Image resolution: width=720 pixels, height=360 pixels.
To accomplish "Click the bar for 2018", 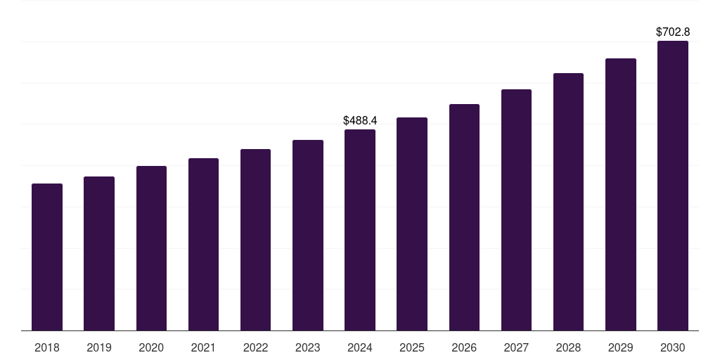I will tap(47, 257).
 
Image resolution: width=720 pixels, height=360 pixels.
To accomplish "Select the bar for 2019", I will tap(99, 254).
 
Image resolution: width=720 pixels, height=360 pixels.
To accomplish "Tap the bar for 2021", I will tap(203, 245).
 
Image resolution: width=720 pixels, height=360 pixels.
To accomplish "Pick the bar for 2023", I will tap(308, 236).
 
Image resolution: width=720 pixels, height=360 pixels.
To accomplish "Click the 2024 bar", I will tap(360, 230).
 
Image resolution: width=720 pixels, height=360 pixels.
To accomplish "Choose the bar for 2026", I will tap(464, 217).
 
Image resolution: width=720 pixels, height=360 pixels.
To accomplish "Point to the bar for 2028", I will tap(568, 202).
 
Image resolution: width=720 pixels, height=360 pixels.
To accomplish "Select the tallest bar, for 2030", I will tap(673, 186).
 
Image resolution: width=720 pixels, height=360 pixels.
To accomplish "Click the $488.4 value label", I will tap(360, 121).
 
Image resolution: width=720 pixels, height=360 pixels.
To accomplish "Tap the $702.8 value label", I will tap(673, 32).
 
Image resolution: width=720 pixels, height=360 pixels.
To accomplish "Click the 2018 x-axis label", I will tap(47, 348).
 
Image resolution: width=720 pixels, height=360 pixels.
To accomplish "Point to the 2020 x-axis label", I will tap(151, 348).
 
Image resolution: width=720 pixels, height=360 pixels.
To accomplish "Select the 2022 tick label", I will tap(255, 348).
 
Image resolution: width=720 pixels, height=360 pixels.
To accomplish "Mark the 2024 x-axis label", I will tap(360, 348).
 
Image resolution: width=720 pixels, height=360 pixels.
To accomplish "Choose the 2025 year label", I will tap(412, 348).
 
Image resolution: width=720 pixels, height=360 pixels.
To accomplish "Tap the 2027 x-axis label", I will tap(516, 348).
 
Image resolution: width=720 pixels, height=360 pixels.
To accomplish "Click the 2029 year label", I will tap(621, 348).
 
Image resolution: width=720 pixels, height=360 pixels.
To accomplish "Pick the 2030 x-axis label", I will tap(673, 348).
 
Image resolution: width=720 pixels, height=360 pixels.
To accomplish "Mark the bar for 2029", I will tap(621, 195).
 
